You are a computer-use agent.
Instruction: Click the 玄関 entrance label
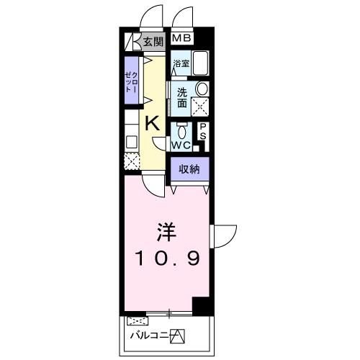[x=152, y=41]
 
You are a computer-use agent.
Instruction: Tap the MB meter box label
[x=182, y=38]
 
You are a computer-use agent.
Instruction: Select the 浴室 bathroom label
[x=181, y=65]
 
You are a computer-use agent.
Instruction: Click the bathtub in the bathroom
[x=200, y=65]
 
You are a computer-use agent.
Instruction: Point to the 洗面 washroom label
[x=183, y=98]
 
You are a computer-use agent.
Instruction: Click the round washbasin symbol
[x=203, y=89]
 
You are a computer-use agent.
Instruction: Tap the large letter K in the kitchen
[x=152, y=123]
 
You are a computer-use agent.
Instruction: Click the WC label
[x=180, y=145]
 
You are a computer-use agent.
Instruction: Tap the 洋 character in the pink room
[x=167, y=232]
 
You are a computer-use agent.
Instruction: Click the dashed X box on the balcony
[x=135, y=322]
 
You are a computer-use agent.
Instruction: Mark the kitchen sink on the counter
[x=131, y=142]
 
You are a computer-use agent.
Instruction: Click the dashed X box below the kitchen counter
[x=131, y=162]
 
